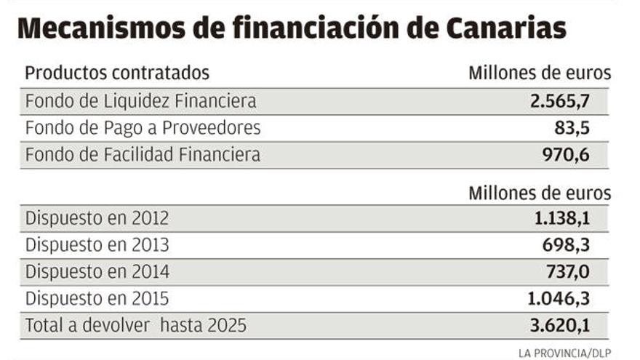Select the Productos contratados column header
117,73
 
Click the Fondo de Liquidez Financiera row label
140,100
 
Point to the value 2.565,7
559,100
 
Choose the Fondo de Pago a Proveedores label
143,128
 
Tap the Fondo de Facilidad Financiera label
143,154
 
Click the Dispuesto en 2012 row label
97,218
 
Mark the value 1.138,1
559,218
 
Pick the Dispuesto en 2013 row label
97,245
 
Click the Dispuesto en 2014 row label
97,272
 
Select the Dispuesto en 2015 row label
97,298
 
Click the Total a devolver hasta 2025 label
135,325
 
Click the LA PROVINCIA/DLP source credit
564,353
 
